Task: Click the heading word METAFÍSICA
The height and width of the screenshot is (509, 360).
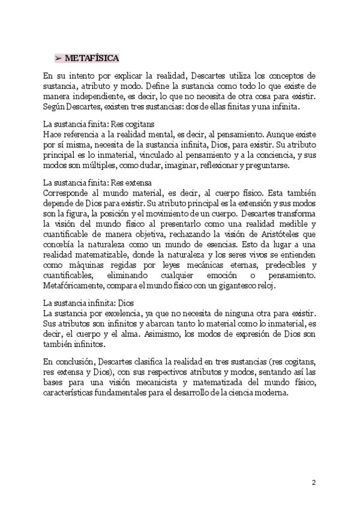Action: point(91,58)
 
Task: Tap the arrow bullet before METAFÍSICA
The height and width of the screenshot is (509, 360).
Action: point(58,58)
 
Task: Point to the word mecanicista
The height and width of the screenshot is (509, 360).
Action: point(170,383)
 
